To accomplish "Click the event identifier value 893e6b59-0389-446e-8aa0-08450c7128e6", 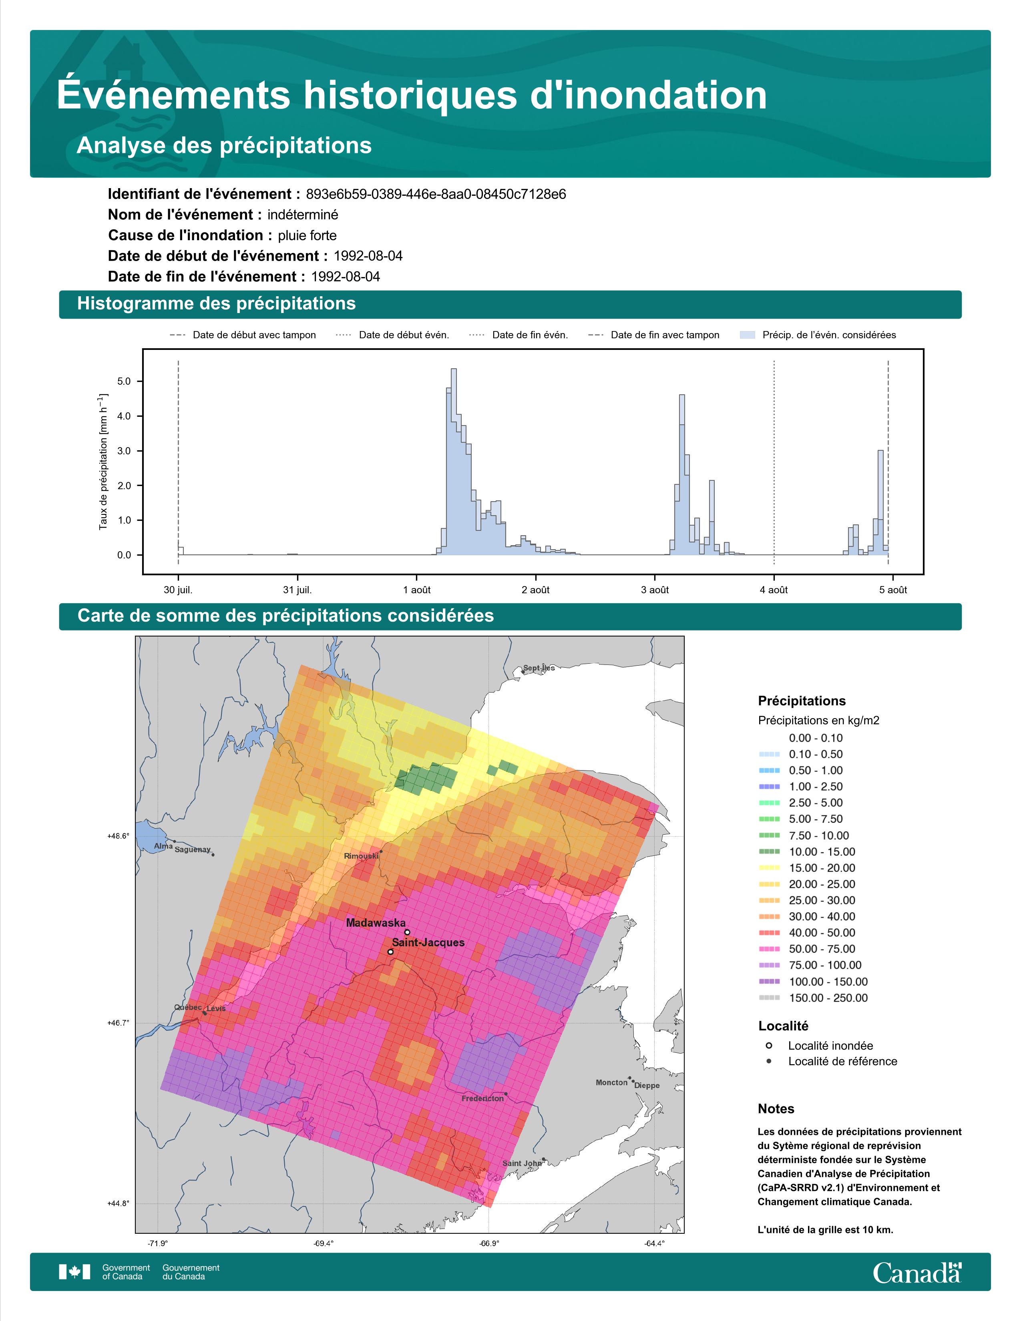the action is [436, 194].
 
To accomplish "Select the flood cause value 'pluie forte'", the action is [307, 235].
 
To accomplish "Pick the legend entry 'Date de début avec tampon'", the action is [243, 335].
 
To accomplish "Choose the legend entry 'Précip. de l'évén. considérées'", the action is [818, 335].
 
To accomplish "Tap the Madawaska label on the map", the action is [376, 923].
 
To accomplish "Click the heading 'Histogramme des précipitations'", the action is [217, 304].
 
